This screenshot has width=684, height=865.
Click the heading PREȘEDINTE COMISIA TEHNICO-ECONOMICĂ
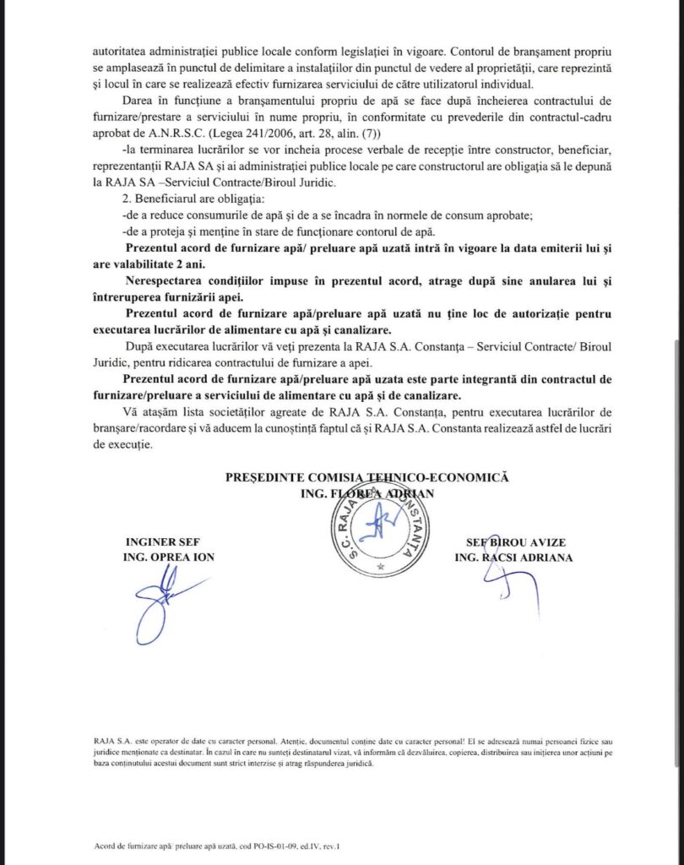tap(367, 477)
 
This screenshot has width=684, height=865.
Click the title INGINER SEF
tap(161, 542)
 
